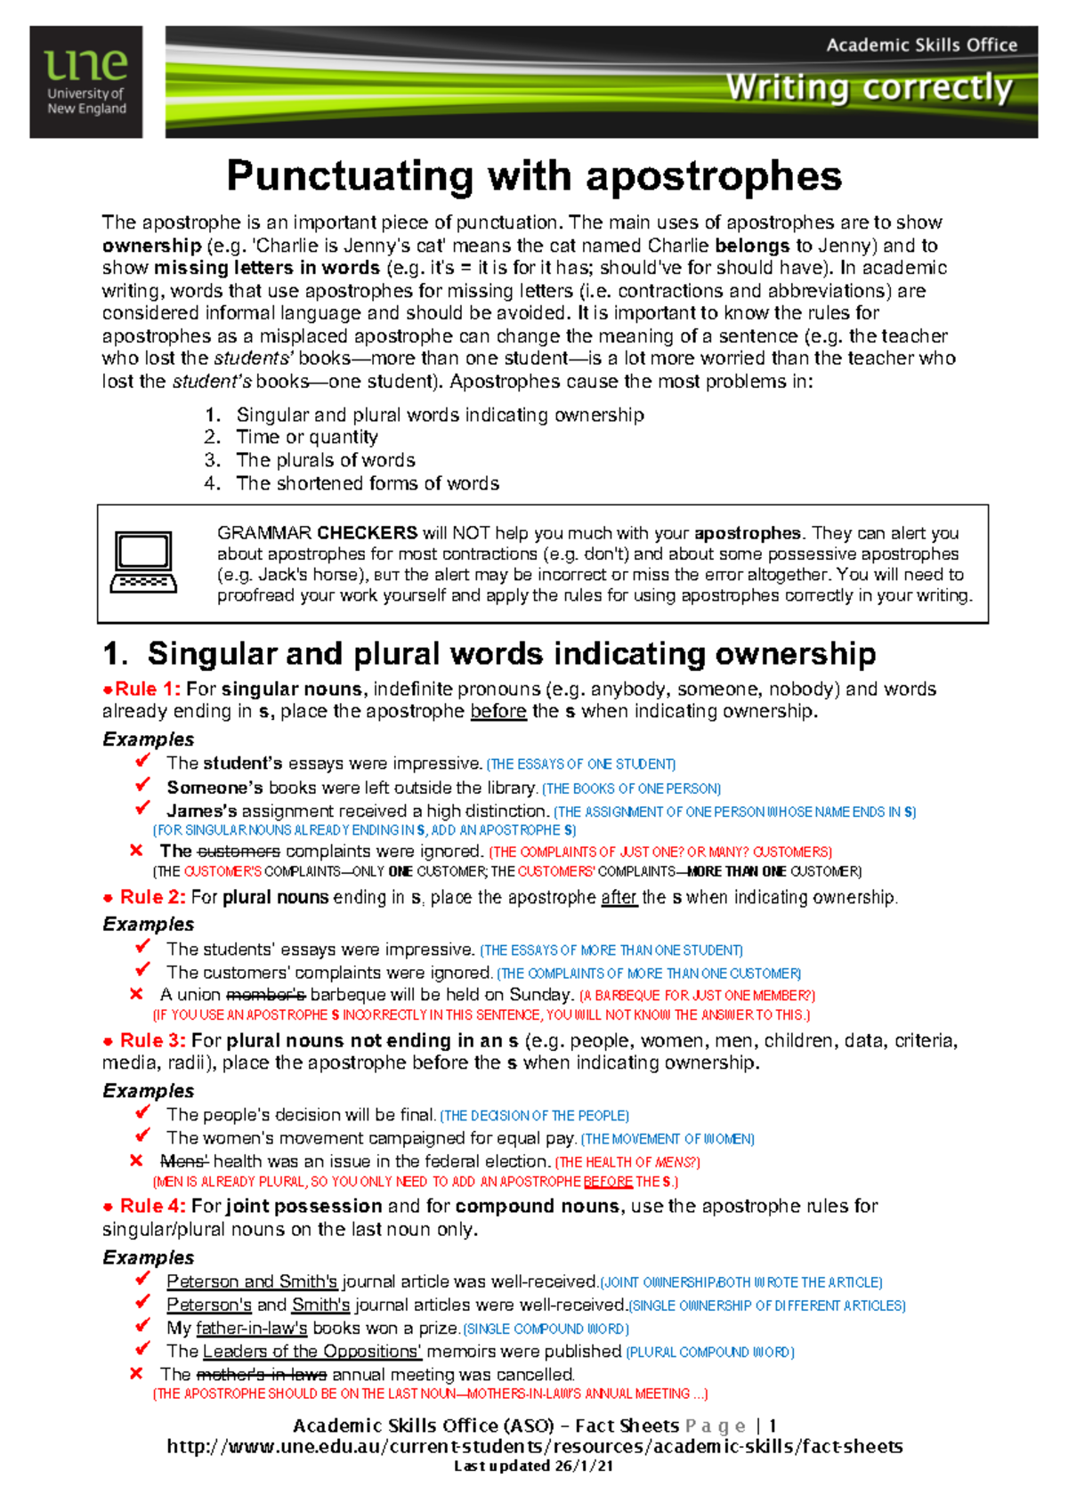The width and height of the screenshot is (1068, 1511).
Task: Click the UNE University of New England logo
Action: click(85, 82)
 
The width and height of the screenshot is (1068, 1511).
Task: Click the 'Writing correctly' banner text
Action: click(869, 88)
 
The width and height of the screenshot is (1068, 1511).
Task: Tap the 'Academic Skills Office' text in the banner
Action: click(921, 45)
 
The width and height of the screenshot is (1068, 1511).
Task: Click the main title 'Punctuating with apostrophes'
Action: click(534, 176)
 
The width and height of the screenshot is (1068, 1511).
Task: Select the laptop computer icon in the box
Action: click(143, 562)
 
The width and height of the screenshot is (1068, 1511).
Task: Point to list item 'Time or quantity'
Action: click(306, 437)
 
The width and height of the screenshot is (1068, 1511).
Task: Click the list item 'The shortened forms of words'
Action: click(367, 483)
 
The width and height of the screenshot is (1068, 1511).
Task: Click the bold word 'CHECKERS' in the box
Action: click(367, 533)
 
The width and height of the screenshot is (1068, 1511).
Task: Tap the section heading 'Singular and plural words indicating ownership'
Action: click(511, 653)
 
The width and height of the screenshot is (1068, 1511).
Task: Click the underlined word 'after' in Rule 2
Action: click(619, 897)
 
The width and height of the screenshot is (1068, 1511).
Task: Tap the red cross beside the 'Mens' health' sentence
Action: click(136, 1160)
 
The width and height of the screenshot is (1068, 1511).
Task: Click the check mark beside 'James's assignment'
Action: click(142, 808)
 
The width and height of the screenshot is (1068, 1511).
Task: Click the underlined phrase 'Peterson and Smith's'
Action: click(252, 1281)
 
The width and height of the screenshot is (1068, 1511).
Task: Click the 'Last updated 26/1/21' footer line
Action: click(533, 1466)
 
